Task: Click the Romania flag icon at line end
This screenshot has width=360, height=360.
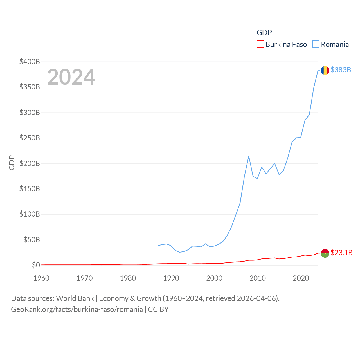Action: pos(325,70)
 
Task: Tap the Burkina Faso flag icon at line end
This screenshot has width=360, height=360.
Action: pos(325,253)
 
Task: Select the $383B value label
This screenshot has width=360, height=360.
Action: pos(341,70)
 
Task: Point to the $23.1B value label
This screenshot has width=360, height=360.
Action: pos(341,253)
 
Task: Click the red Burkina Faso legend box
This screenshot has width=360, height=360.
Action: pos(260,44)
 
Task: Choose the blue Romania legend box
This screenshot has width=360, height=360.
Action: pos(316,44)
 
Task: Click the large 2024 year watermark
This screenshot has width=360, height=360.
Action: pos(71,77)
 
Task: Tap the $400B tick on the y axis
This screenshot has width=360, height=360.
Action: pos(30,62)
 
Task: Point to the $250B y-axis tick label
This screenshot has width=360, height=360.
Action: pos(30,138)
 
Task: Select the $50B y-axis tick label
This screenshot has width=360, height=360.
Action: pos(31,240)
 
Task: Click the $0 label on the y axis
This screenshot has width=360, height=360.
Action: pos(36,265)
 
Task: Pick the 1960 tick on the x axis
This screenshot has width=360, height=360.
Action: pos(41,278)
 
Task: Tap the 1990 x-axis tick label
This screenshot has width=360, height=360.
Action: pos(171,278)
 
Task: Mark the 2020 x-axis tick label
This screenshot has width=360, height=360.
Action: pos(301,278)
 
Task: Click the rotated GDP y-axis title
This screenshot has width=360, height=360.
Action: pos(12,163)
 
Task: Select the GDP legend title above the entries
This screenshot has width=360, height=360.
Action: pos(264,33)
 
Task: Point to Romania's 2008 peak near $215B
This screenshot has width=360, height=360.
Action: pos(249,156)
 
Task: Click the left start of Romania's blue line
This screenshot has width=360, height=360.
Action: pos(158,246)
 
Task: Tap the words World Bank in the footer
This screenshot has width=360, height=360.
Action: pos(75,298)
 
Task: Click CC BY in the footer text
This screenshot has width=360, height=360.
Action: pos(158,309)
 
